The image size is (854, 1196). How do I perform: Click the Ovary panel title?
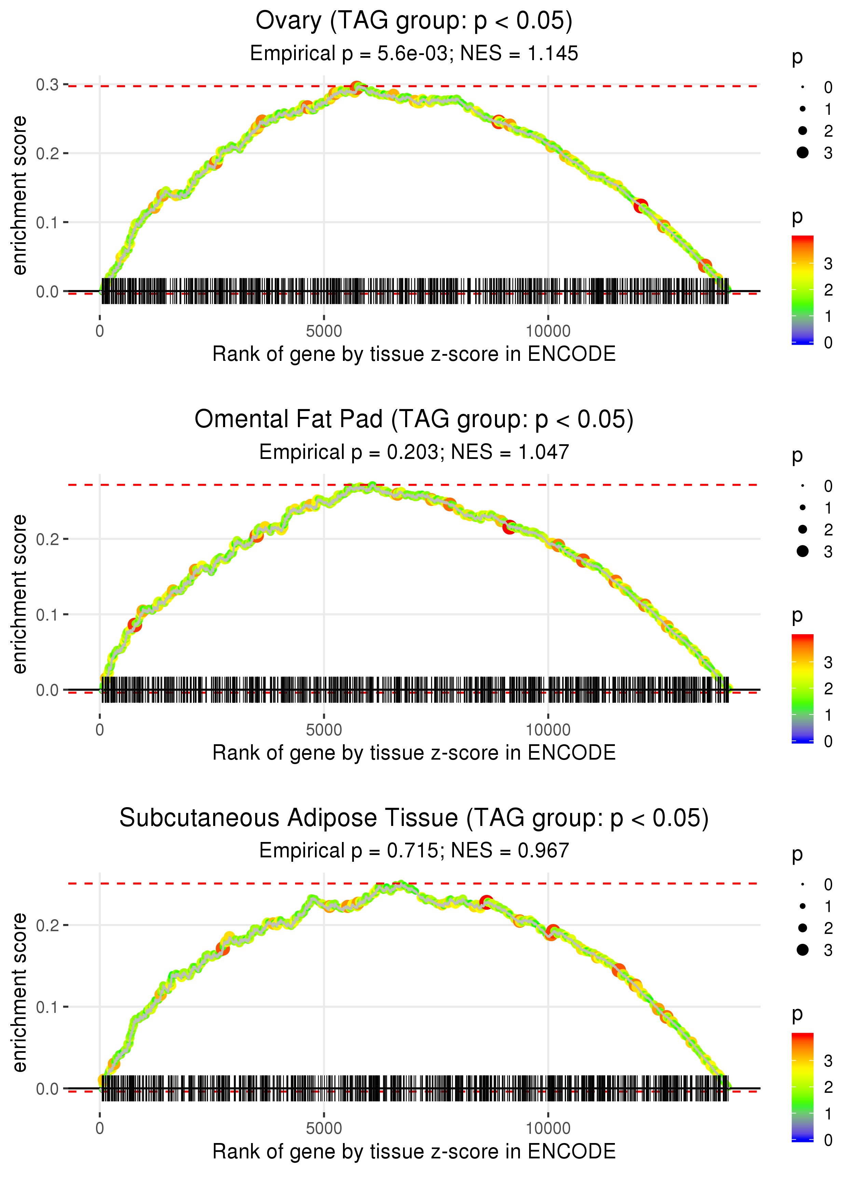(x=414, y=21)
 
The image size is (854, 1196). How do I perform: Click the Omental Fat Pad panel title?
(x=414, y=420)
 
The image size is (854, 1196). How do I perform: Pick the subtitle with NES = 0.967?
(x=414, y=851)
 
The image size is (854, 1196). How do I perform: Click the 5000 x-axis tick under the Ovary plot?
(x=323, y=331)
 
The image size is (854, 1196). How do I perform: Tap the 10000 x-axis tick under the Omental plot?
(x=548, y=730)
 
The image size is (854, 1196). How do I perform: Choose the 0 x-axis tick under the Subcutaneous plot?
(x=100, y=1129)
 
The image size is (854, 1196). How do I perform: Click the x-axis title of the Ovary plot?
(x=414, y=354)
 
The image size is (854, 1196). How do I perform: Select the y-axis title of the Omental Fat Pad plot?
(x=19, y=594)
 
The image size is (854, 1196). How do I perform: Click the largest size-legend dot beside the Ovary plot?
(x=802, y=152)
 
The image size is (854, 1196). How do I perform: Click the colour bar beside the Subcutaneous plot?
(x=802, y=1086)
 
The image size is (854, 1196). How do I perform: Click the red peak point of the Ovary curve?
(x=357, y=87)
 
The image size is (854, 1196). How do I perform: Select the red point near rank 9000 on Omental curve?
(x=509, y=527)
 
